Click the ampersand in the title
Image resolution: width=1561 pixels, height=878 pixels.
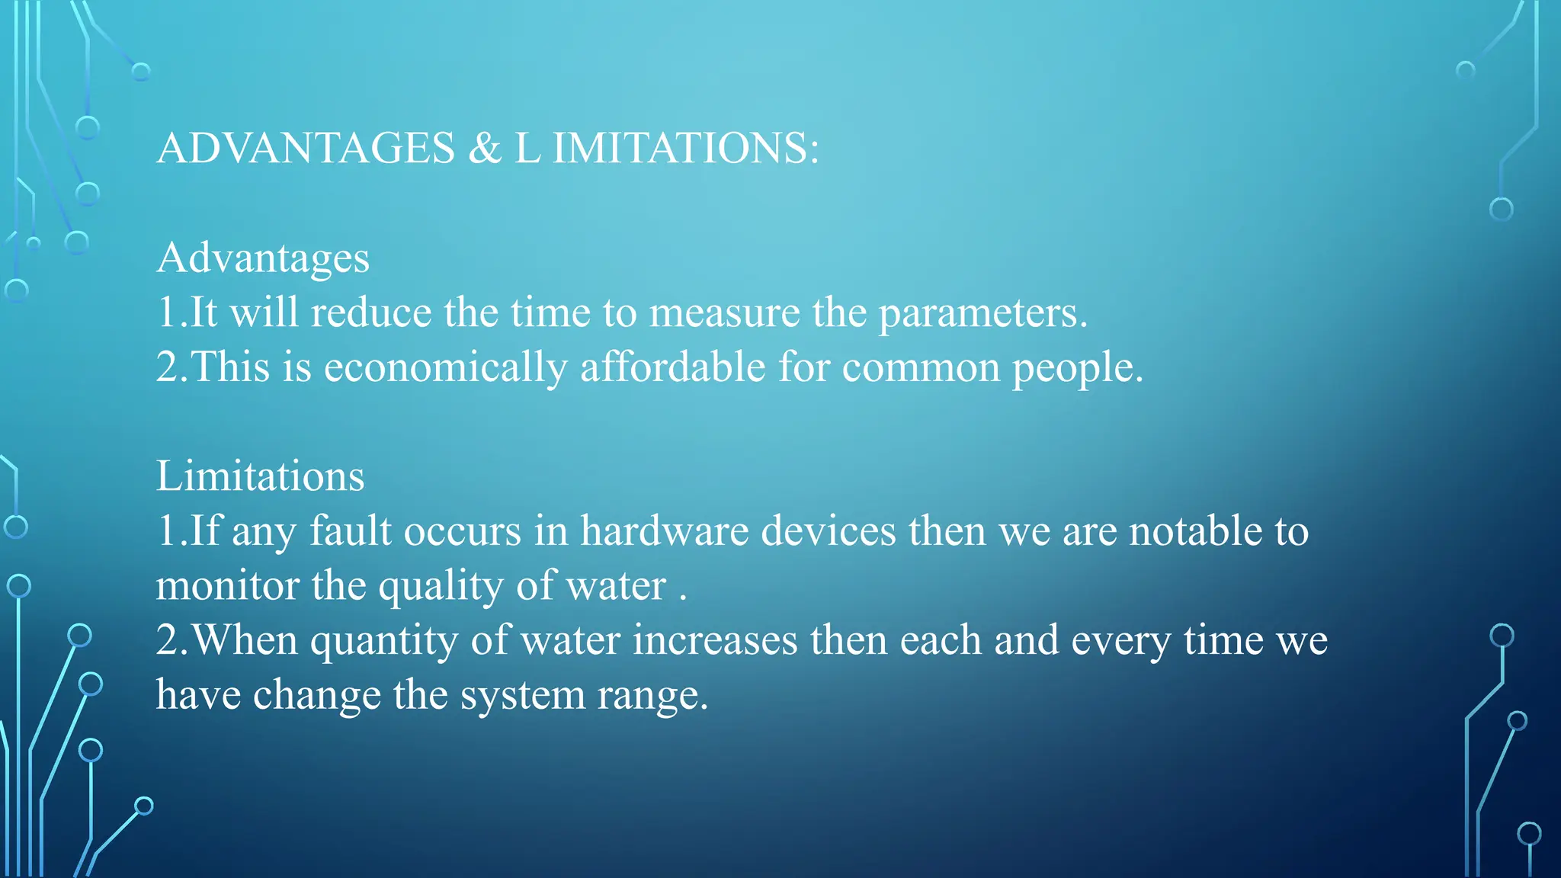point(485,148)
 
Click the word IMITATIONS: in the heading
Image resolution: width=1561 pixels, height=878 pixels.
point(684,148)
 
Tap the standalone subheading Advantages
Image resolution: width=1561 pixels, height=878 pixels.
point(263,258)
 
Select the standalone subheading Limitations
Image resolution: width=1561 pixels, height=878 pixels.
point(260,476)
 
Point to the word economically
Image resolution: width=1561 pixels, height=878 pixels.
point(446,368)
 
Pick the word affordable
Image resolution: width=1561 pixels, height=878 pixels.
point(672,368)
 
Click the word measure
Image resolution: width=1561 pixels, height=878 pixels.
point(724,313)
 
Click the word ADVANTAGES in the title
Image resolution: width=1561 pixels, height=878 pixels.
point(306,148)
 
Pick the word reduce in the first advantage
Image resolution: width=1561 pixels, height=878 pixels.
point(370,313)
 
